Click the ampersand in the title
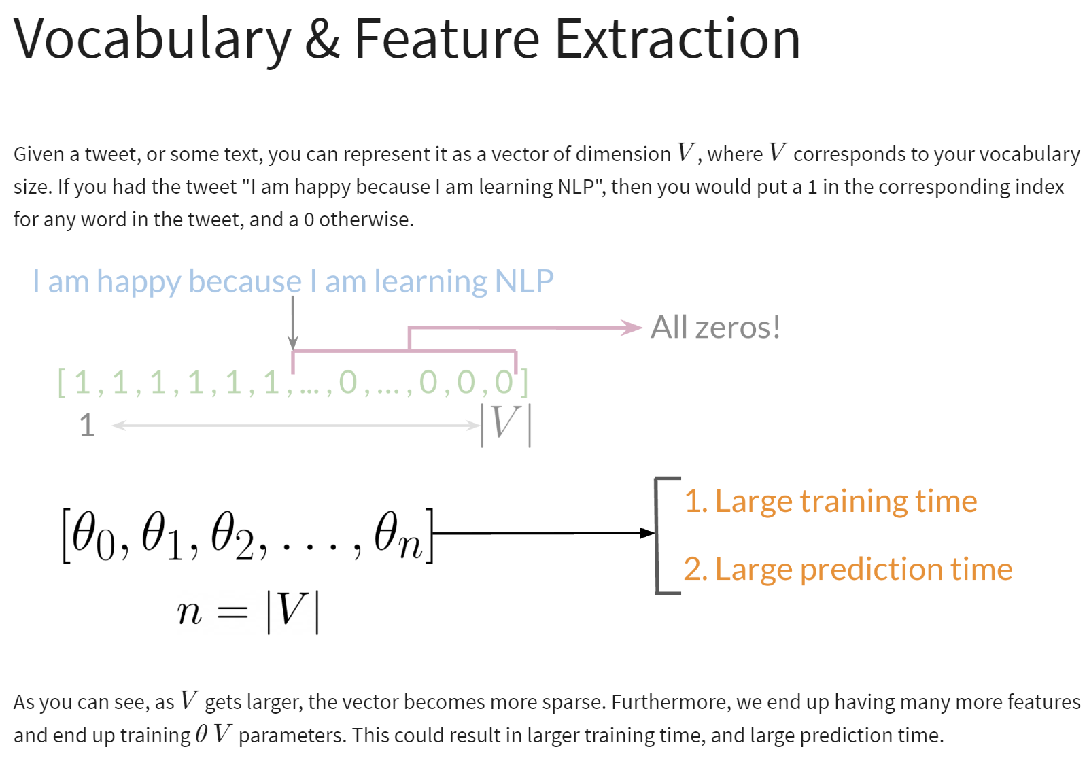(x=322, y=39)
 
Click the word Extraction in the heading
(x=678, y=39)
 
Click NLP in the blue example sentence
(x=524, y=281)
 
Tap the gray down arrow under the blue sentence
(x=292, y=323)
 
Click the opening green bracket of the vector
(x=62, y=383)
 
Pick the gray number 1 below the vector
(x=87, y=425)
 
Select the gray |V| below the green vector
(x=506, y=425)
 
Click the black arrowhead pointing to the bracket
(x=647, y=533)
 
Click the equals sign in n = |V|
(x=232, y=612)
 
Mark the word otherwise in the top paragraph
(x=366, y=220)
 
